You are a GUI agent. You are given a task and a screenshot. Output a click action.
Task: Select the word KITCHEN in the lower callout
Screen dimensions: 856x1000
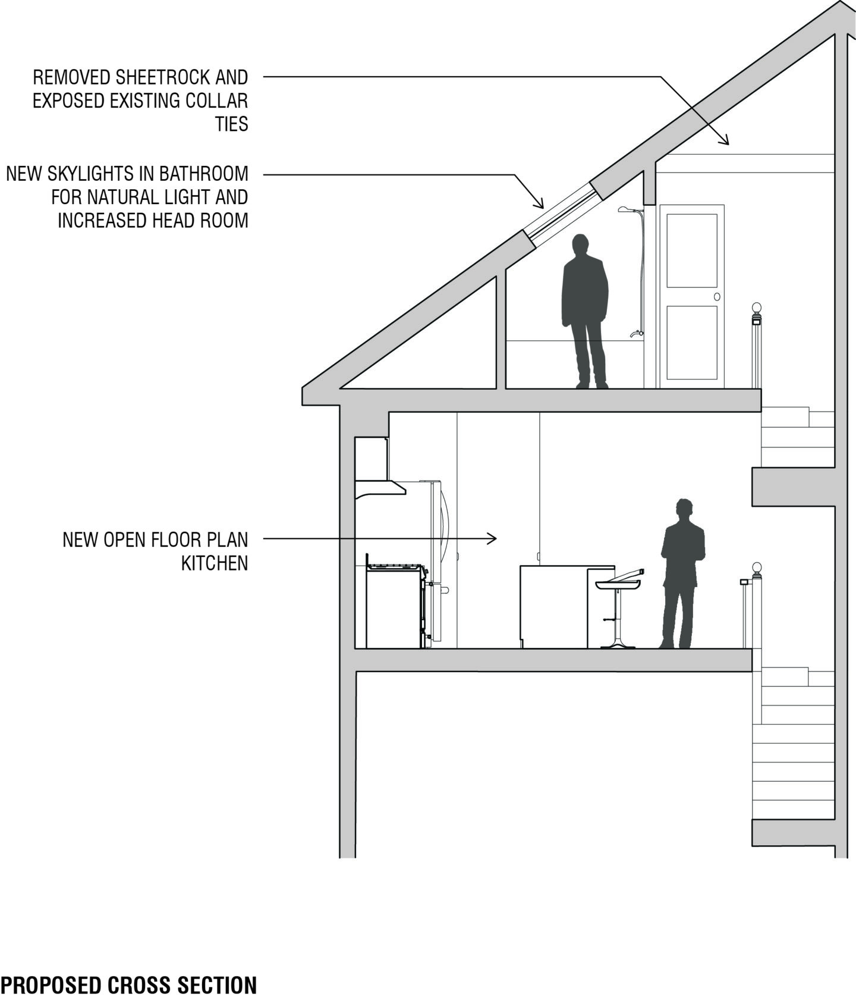click(x=215, y=563)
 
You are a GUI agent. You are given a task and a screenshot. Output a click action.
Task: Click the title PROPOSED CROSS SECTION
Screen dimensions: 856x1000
click(x=129, y=985)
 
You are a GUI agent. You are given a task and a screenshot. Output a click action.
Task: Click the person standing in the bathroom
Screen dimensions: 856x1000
click(x=585, y=311)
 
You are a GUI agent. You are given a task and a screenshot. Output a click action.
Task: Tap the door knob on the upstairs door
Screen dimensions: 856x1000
click(x=717, y=297)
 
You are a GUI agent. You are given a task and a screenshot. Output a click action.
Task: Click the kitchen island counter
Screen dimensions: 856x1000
click(x=567, y=607)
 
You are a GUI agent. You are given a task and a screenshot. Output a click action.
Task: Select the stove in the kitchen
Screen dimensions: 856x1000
click(x=396, y=606)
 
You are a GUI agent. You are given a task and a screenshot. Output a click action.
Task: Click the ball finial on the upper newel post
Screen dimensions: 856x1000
click(x=757, y=308)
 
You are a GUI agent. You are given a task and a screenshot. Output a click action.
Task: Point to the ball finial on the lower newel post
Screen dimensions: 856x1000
click(x=757, y=567)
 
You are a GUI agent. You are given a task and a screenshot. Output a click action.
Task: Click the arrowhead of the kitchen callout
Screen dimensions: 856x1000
click(x=493, y=539)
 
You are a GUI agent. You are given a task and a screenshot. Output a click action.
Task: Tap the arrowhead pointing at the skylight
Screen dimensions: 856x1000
click(x=539, y=203)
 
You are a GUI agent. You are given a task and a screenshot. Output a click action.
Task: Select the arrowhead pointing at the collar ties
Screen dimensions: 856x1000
click(x=724, y=140)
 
